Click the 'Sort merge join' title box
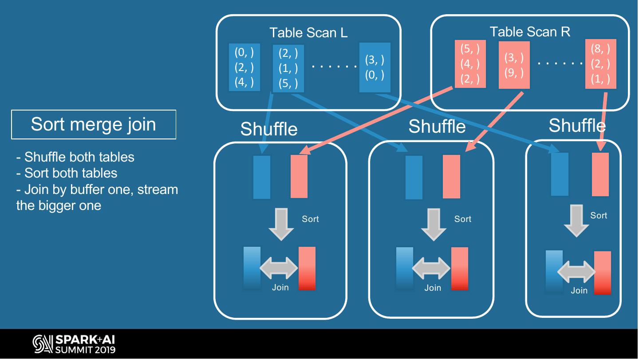(x=93, y=124)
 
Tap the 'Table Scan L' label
(x=308, y=32)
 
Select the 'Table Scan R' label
(x=530, y=32)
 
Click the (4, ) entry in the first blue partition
(x=244, y=82)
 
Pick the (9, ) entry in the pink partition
(x=514, y=72)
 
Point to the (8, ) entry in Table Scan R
(x=600, y=49)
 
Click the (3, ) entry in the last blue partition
(x=375, y=60)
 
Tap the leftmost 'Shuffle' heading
(x=269, y=129)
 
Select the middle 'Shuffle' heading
(x=437, y=127)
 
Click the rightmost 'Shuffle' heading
(x=577, y=126)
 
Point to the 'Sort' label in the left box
(x=310, y=219)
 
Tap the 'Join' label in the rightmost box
(x=579, y=290)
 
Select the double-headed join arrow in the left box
(x=279, y=268)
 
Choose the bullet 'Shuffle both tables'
(x=75, y=157)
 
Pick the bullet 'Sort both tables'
(x=67, y=173)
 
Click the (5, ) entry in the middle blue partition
(x=288, y=83)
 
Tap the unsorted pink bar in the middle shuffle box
(x=451, y=176)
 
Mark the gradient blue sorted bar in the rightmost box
(x=554, y=273)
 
